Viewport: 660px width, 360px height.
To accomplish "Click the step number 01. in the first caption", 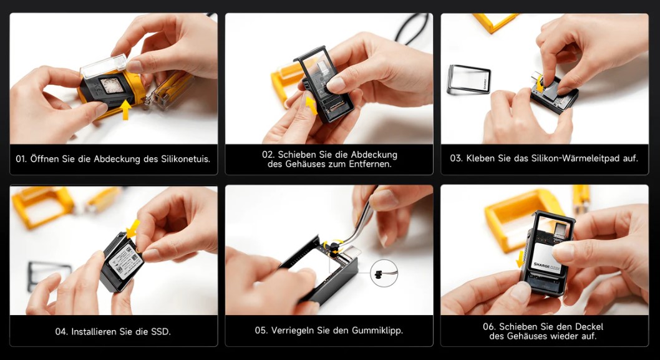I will pyautogui.click(x=21, y=159).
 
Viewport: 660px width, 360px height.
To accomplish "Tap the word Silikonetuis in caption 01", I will pyautogui.click(x=185, y=159).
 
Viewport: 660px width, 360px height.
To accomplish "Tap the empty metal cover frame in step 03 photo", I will pyautogui.click(x=468, y=79).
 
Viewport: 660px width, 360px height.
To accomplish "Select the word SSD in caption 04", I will pyautogui.click(x=162, y=331).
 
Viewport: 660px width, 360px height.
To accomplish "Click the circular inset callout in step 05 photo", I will pyautogui.click(x=384, y=273).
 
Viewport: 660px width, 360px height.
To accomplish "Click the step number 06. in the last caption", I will pyautogui.click(x=489, y=326).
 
